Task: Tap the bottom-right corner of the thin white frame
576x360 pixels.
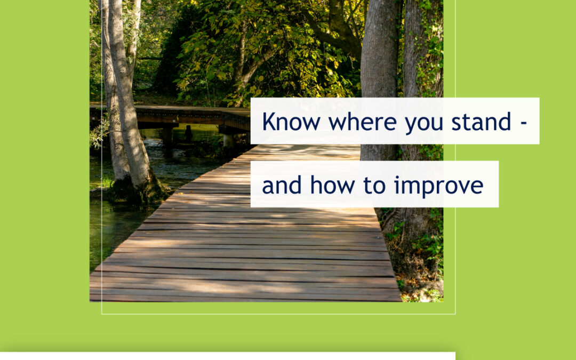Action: coord(455,314)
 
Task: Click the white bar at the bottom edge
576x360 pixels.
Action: coord(227,356)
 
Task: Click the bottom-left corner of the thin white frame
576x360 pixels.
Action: coord(102,314)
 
